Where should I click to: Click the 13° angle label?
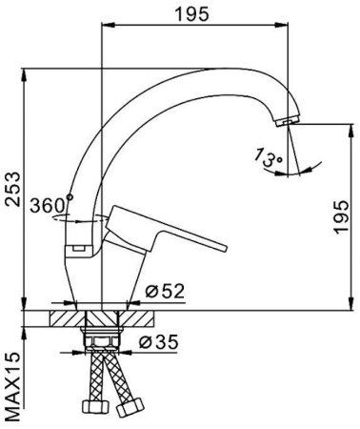click(270, 158)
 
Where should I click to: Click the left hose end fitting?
click(94, 407)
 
